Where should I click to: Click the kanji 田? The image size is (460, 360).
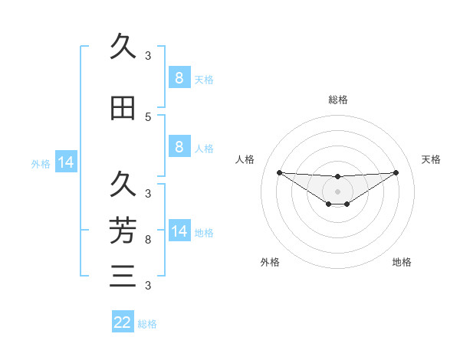coord(123,109)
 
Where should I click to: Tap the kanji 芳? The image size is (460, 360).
coord(123,229)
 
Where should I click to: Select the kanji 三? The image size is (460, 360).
coord(123,275)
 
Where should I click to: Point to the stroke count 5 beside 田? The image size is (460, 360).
coord(148,117)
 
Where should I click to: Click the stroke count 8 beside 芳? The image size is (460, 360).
coord(148,240)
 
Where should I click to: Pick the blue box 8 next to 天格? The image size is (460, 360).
coord(179,77)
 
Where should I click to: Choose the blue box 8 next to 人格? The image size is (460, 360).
coord(179,147)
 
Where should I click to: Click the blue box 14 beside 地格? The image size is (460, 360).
coord(179,231)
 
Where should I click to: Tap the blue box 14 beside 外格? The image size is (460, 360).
coord(66,162)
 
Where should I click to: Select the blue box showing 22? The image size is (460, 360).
coord(123,322)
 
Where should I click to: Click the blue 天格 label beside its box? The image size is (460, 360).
coord(204,79)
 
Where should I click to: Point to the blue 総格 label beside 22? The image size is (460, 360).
coord(147,324)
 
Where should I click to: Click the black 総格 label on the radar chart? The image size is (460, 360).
coord(338,100)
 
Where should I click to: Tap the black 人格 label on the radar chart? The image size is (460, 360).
coord(245,159)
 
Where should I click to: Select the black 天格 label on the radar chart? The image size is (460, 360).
coord(431,159)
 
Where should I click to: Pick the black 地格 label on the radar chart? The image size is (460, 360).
coord(402,262)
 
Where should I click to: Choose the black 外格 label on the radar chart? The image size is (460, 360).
coord(270,262)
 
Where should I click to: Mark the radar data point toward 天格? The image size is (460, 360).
coord(396,172)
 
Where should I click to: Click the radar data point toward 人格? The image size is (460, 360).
coord(280,172)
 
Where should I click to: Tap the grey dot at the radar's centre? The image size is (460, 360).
coord(338,191)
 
